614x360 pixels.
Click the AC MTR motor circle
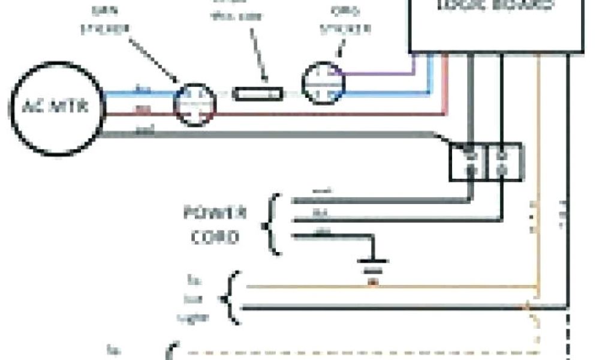pyautogui.click(x=57, y=109)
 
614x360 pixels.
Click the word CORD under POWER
pyautogui.click(x=215, y=236)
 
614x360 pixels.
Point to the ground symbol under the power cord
pyautogui.click(x=372, y=263)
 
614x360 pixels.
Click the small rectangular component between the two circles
pyautogui.click(x=258, y=94)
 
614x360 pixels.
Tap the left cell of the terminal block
pyautogui.click(x=471, y=161)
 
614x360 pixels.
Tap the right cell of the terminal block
pyautogui.click(x=503, y=161)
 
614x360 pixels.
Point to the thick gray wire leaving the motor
pyautogui.click(x=270, y=134)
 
